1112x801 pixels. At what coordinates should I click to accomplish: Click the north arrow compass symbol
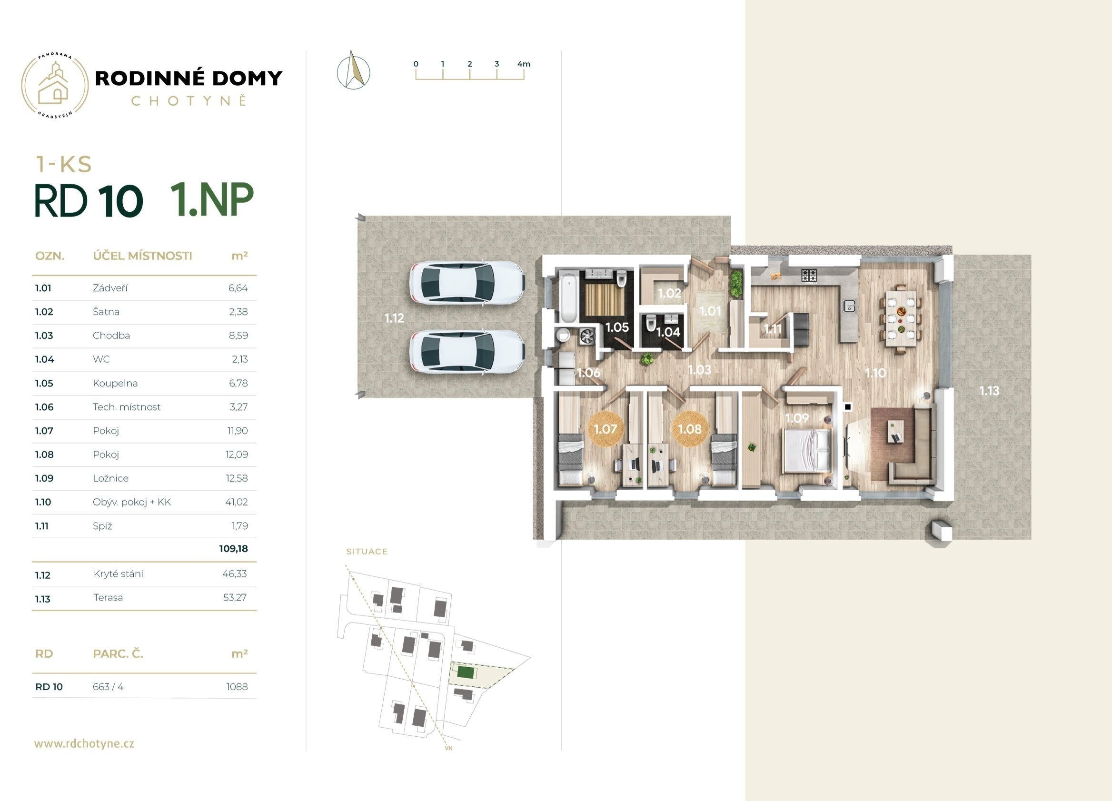[x=353, y=70]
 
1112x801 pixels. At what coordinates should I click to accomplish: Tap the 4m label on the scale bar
[x=524, y=64]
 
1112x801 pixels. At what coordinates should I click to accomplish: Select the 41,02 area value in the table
[x=237, y=502]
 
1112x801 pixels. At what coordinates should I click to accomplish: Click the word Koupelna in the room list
[x=115, y=383]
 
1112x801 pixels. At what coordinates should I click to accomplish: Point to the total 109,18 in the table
[x=233, y=549]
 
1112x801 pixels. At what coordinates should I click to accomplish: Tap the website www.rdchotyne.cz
[x=84, y=743]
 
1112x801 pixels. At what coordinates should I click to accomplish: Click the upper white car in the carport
[x=467, y=283]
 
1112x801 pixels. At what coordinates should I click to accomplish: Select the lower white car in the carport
[x=467, y=352]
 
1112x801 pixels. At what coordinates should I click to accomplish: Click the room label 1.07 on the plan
[x=605, y=429]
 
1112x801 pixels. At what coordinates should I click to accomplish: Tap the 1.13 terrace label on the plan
[x=989, y=391]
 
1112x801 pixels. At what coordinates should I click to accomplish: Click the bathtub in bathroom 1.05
[x=569, y=297]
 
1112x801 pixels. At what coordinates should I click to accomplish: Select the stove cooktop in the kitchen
[x=809, y=275]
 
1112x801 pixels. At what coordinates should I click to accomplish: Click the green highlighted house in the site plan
[x=464, y=672]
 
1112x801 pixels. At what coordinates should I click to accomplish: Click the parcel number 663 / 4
[x=108, y=687]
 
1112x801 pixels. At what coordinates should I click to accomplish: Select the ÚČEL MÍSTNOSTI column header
[x=142, y=256]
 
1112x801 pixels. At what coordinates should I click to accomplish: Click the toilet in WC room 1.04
[x=651, y=323]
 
